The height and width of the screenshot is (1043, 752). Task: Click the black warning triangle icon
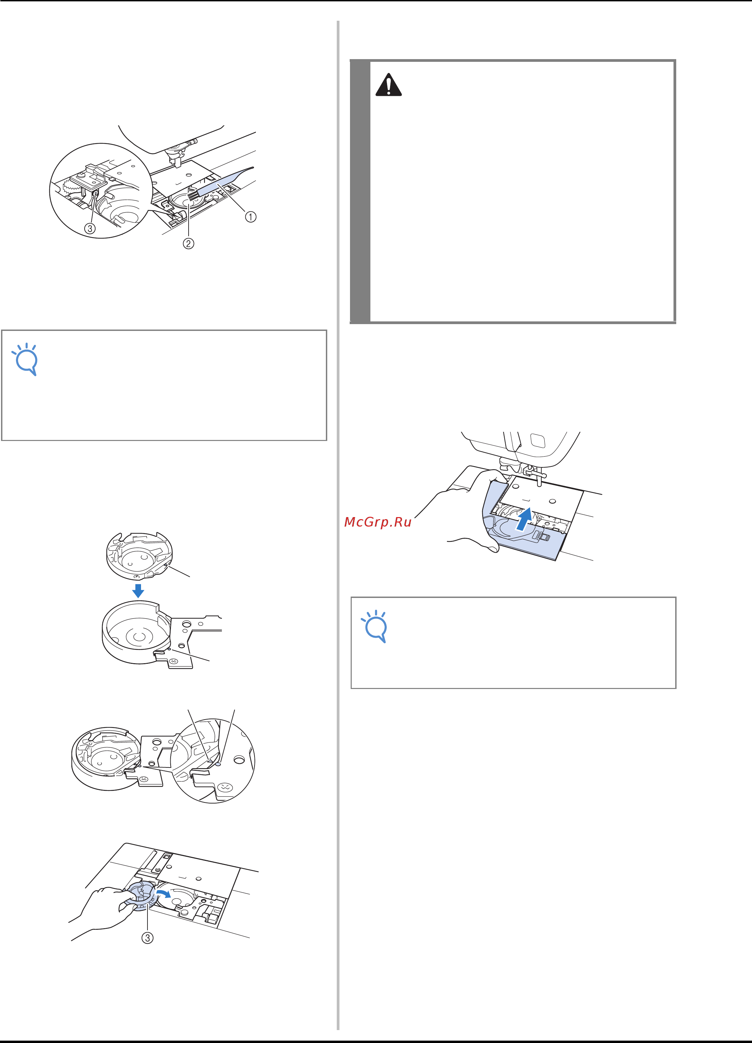[389, 85]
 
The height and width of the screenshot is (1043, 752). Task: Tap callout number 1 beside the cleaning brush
[250, 217]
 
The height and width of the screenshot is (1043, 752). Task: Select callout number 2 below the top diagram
[189, 243]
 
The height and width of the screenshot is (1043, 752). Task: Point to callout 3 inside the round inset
[90, 228]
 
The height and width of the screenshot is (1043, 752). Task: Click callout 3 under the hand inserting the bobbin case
[147, 938]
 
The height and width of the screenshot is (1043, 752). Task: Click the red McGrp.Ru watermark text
[378, 522]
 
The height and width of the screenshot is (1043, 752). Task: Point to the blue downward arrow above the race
[138, 591]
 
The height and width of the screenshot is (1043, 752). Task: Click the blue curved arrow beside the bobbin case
[163, 892]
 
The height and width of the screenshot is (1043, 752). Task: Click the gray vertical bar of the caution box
[360, 191]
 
